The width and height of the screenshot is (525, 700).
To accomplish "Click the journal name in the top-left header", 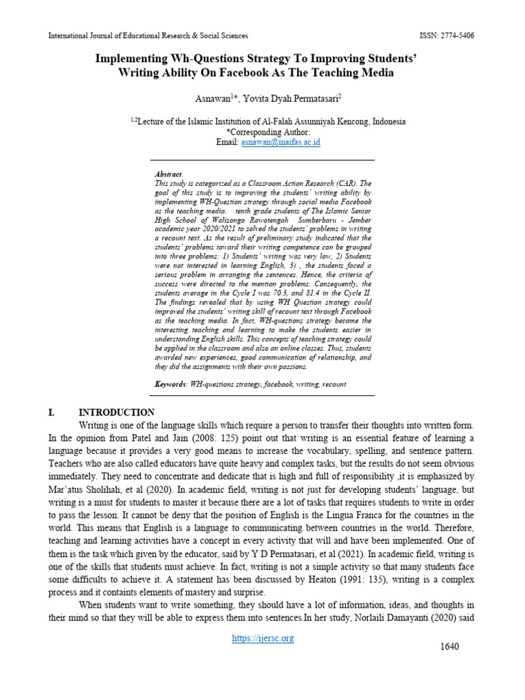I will click(x=148, y=36).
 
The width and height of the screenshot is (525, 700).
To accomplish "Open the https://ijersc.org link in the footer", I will click(x=263, y=638).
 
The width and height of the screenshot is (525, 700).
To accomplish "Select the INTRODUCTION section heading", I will click(x=116, y=412).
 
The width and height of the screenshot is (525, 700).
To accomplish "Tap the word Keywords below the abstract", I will click(x=171, y=384).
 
